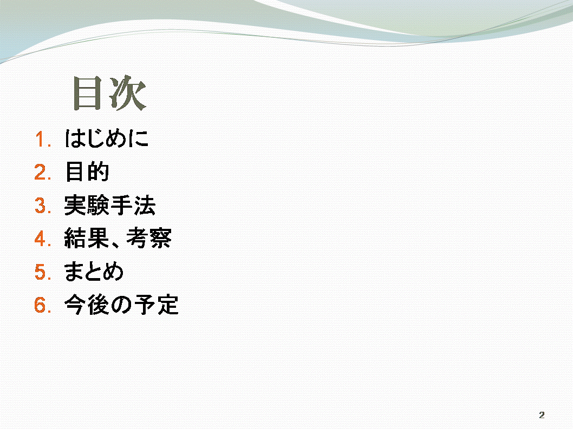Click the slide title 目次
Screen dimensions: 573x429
click(109, 93)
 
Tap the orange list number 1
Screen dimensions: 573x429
click(42, 140)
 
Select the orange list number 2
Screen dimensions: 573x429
click(42, 173)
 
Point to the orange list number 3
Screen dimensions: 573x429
click(42, 206)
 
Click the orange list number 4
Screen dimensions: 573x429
click(42, 239)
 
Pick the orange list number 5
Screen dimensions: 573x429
click(42, 272)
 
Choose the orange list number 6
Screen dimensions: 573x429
click(42, 305)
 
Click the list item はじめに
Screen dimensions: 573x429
click(107, 138)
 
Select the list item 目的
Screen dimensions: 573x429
click(87, 171)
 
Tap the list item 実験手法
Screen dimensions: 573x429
click(109, 205)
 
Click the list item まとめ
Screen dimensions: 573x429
click(94, 271)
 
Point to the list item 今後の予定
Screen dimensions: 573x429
click(121, 305)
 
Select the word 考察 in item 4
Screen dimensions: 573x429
click(149, 238)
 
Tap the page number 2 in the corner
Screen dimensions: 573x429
click(542, 415)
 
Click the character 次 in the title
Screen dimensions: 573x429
click(128, 93)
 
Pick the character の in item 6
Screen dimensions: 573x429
click(121, 305)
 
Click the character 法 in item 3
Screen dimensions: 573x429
click(145, 205)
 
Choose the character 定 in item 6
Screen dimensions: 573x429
click(168, 305)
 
